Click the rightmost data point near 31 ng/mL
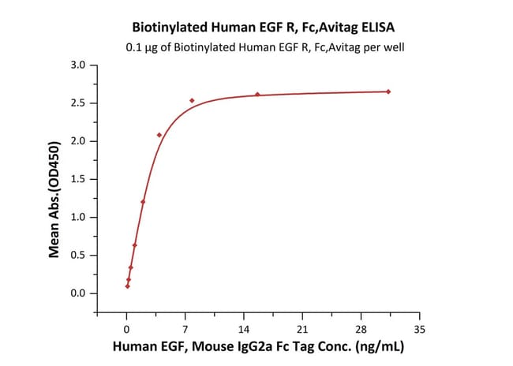(x=388, y=91)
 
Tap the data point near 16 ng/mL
(x=257, y=95)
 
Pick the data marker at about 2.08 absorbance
(x=159, y=135)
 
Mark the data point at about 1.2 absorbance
(x=143, y=202)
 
